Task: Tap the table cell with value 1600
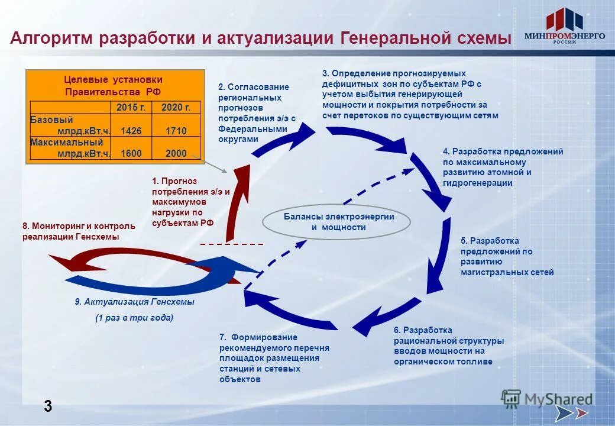131,153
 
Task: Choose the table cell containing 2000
176,153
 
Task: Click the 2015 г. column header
131,107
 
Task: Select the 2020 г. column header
176,107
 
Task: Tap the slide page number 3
47,406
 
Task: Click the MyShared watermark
547,399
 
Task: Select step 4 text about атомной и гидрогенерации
503,167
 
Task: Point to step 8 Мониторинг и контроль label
79,231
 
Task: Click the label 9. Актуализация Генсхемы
134,302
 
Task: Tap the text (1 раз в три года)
134,318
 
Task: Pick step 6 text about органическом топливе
448,346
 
